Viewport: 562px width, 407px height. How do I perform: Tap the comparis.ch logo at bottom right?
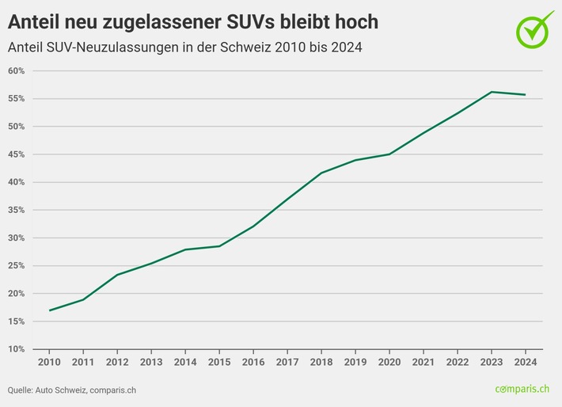(x=523, y=389)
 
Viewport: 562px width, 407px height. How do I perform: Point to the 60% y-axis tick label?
(x=17, y=71)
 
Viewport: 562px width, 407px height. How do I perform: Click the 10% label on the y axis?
(x=17, y=349)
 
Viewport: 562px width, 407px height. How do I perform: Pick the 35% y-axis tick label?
(x=17, y=211)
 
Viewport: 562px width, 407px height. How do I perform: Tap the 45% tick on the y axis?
(x=17, y=154)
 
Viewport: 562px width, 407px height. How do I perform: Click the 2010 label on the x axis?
(x=49, y=361)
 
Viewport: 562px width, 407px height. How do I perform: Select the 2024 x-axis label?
(x=526, y=361)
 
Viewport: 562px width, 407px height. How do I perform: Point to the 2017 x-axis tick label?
(x=287, y=361)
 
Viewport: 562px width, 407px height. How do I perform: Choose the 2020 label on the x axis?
(x=389, y=361)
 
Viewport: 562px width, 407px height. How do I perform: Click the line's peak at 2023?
(x=492, y=92)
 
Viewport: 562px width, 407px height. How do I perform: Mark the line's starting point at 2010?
(x=49, y=310)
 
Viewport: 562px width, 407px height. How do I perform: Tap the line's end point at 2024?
(x=526, y=95)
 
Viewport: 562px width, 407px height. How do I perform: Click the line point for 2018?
(x=321, y=173)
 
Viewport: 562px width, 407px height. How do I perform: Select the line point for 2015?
(x=219, y=246)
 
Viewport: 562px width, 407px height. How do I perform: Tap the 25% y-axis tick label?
(x=17, y=266)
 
